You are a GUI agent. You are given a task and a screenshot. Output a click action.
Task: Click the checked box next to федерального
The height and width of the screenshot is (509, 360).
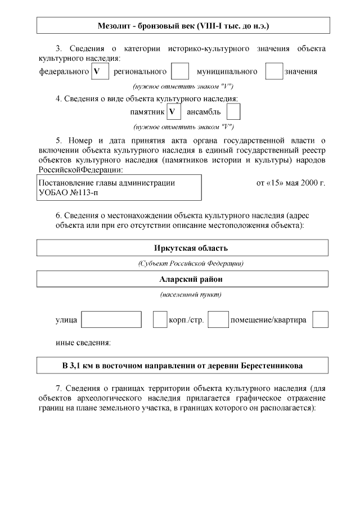pyautogui.click(x=100, y=71)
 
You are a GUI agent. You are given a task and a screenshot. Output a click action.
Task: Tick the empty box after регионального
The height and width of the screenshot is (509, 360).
pyautogui.click(x=179, y=71)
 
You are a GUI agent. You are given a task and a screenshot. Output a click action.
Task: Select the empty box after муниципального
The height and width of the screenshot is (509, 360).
pyautogui.click(x=274, y=71)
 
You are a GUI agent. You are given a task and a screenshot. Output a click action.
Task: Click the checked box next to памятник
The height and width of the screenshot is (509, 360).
pyautogui.click(x=173, y=112)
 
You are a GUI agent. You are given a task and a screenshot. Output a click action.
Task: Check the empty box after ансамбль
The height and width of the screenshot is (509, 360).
pyautogui.click(x=233, y=112)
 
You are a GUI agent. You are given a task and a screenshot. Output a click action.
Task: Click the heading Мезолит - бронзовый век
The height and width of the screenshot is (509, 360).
pyautogui.click(x=183, y=26)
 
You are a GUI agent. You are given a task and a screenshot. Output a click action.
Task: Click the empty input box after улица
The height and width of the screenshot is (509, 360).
pyautogui.click(x=111, y=319)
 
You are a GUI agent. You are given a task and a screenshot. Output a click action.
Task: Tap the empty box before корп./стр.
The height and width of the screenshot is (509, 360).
pyautogui.click(x=160, y=319)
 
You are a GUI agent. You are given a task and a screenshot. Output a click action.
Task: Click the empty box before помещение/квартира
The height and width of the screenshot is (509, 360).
pyautogui.click(x=218, y=319)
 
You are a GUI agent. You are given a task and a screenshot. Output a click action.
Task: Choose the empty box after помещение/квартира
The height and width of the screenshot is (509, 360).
pyautogui.click(x=320, y=319)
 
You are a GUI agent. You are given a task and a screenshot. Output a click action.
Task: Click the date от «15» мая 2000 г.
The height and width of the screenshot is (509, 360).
pyautogui.click(x=290, y=183)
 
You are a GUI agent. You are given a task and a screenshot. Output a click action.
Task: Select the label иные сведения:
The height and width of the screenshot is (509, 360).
pyautogui.click(x=83, y=342)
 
